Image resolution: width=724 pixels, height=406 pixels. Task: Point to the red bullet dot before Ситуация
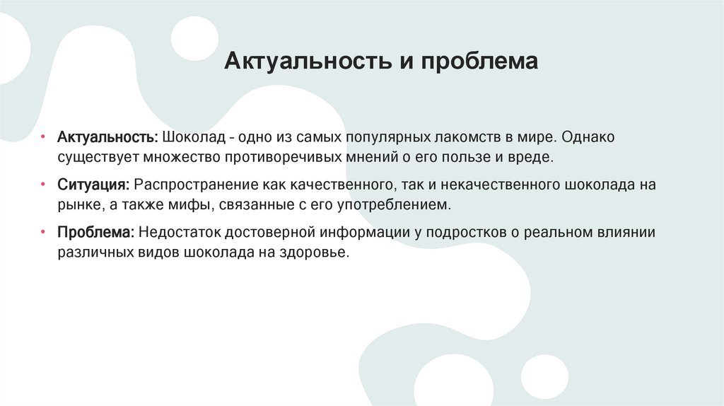point(42,185)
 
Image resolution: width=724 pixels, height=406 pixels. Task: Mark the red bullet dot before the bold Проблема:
point(42,232)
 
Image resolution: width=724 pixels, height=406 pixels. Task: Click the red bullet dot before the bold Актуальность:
point(42,137)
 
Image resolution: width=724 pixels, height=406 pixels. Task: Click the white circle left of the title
point(194,37)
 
